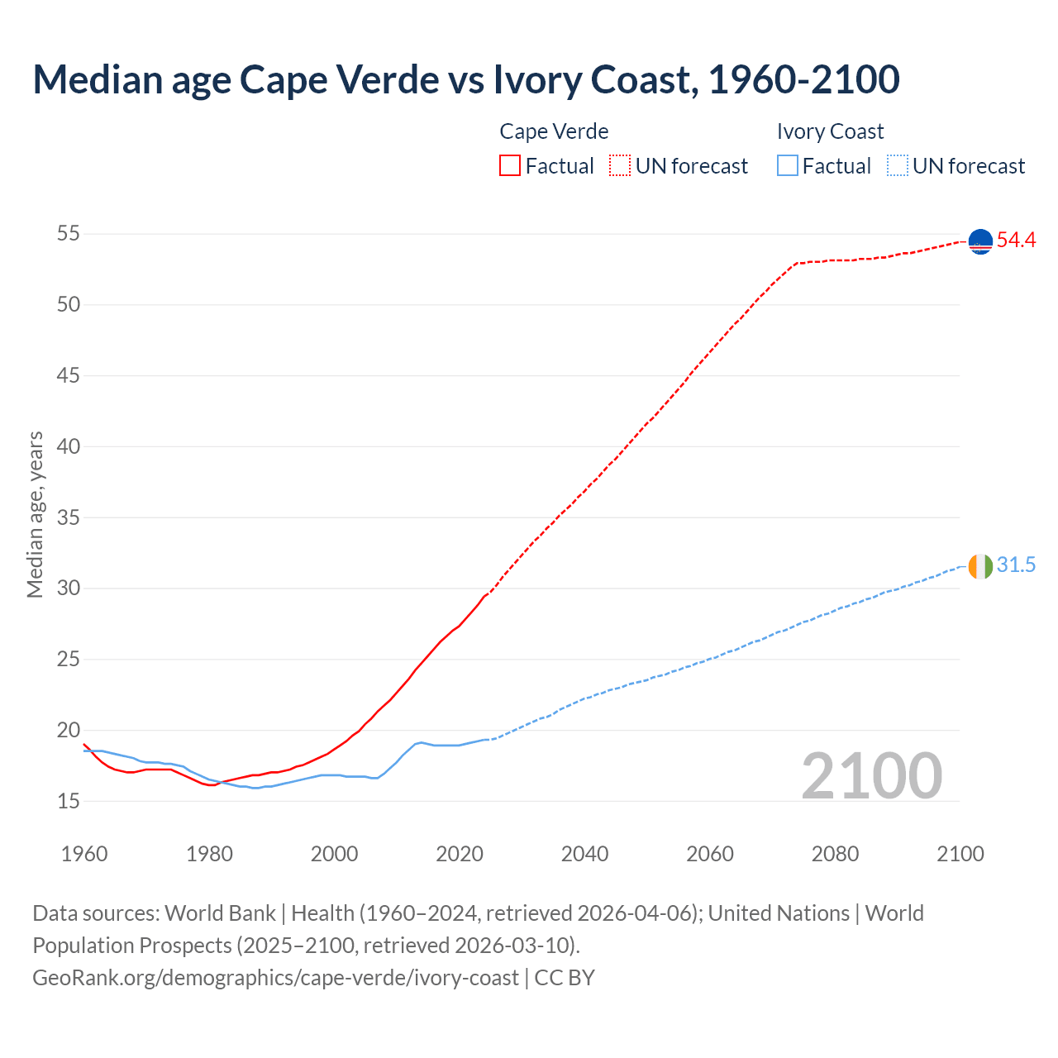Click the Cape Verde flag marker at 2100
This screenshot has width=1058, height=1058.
pyautogui.click(x=980, y=241)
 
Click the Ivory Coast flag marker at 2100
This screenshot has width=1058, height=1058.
pyautogui.click(x=980, y=567)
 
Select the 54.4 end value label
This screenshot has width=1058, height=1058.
pyautogui.click(x=1016, y=241)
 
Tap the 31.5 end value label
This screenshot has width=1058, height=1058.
pyautogui.click(x=1016, y=565)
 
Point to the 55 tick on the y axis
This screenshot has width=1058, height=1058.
pyautogui.click(x=68, y=234)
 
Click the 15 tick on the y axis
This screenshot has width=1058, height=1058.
pyautogui.click(x=68, y=801)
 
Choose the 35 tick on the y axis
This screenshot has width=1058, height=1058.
pyautogui.click(x=68, y=517)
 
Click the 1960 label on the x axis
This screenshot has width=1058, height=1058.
pyautogui.click(x=84, y=854)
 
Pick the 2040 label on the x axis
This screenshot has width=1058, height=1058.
pyautogui.click(x=584, y=854)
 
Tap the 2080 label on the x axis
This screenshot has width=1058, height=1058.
pyautogui.click(x=835, y=854)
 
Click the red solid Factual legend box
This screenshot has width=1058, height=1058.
pyautogui.click(x=510, y=166)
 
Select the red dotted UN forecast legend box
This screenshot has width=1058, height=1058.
pyautogui.click(x=620, y=166)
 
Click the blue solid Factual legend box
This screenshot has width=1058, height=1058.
pyautogui.click(x=788, y=166)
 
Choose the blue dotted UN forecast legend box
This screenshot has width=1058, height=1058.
pyautogui.click(x=898, y=166)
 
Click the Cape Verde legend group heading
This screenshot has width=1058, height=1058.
pyautogui.click(x=554, y=131)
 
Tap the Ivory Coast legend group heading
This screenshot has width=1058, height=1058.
pyautogui.click(x=830, y=131)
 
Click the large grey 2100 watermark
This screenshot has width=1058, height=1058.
pyautogui.click(x=871, y=775)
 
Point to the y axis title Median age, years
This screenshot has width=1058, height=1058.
pyautogui.click(x=35, y=514)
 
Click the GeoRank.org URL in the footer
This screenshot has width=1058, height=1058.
pyautogui.click(x=275, y=978)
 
